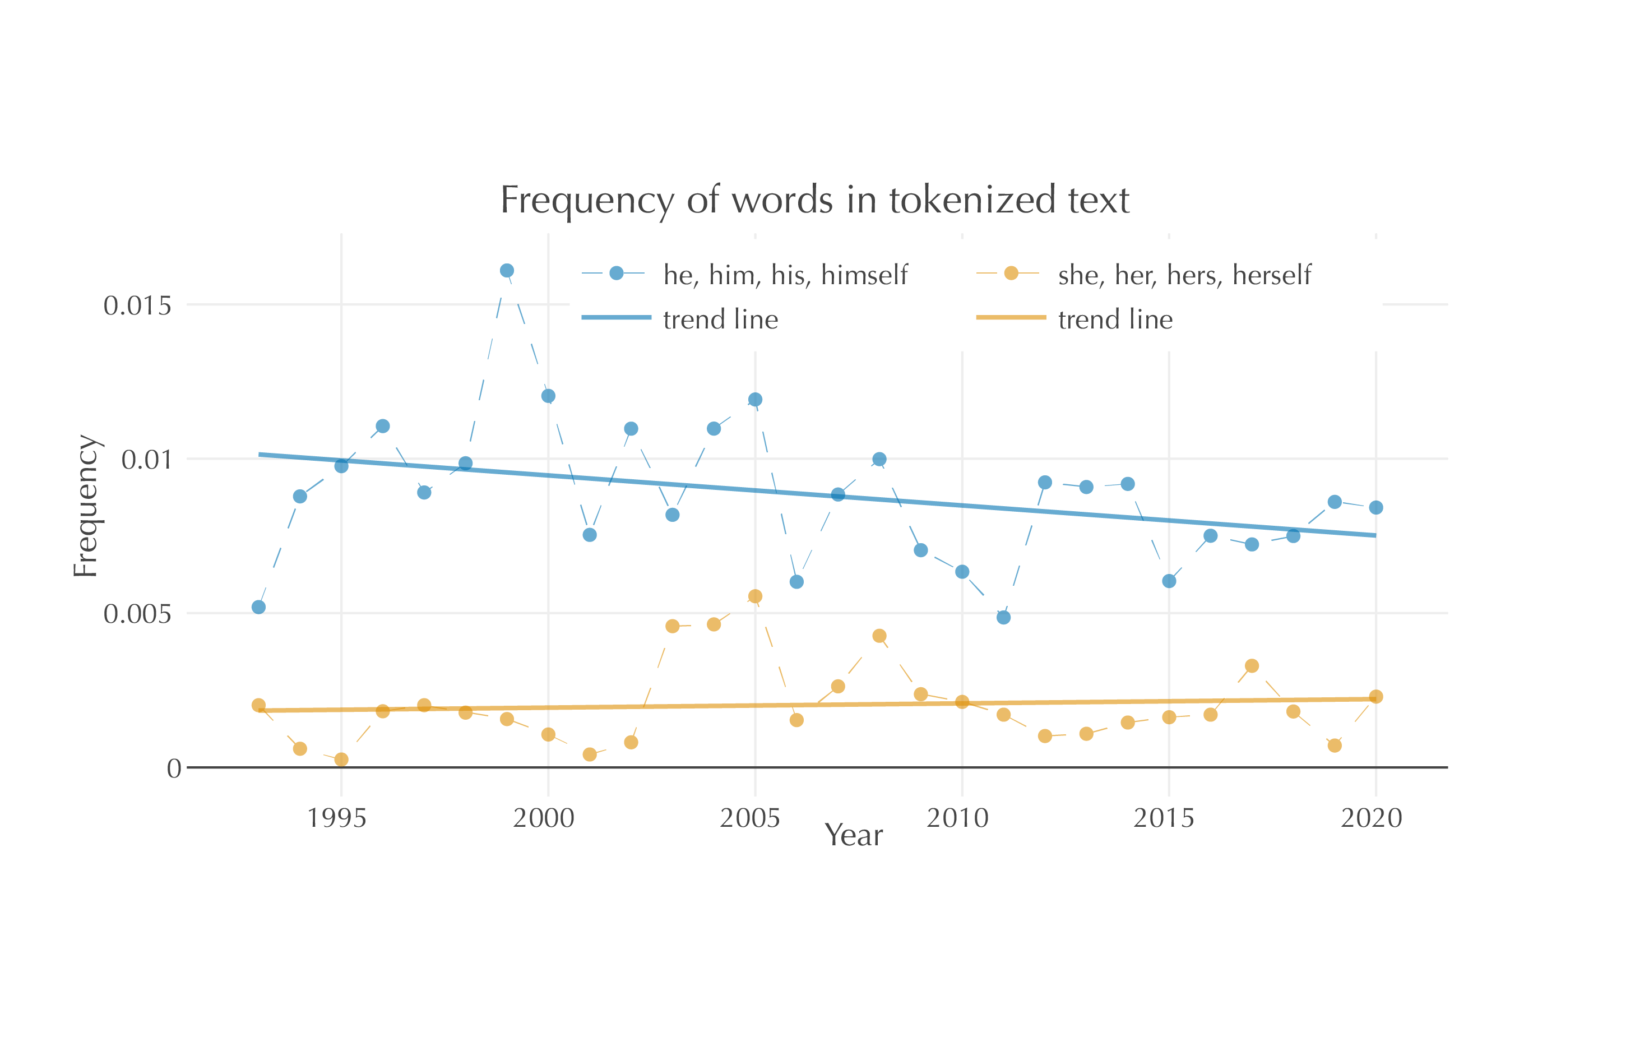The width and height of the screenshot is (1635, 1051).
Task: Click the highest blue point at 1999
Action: tap(506, 271)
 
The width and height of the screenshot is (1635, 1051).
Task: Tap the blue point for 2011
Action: tap(1003, 617)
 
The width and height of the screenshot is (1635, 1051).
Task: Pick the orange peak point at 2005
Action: tap(754, 596)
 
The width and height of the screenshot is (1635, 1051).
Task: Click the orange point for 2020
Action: tap(1375, 696)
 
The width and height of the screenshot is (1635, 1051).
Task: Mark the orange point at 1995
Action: tap(341, 760)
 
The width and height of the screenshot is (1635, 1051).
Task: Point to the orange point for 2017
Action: tap(1252, 665)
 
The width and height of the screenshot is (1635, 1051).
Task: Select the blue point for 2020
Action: tap(1375, 507)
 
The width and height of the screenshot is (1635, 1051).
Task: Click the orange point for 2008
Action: tap(879, 636)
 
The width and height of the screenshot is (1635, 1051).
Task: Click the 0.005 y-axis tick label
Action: tap(137, 614)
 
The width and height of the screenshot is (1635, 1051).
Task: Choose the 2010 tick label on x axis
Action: tap(957, 818)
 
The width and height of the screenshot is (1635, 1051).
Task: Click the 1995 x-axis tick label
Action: tap(336, 818)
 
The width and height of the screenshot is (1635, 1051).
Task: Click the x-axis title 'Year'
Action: tap(853, 835)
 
